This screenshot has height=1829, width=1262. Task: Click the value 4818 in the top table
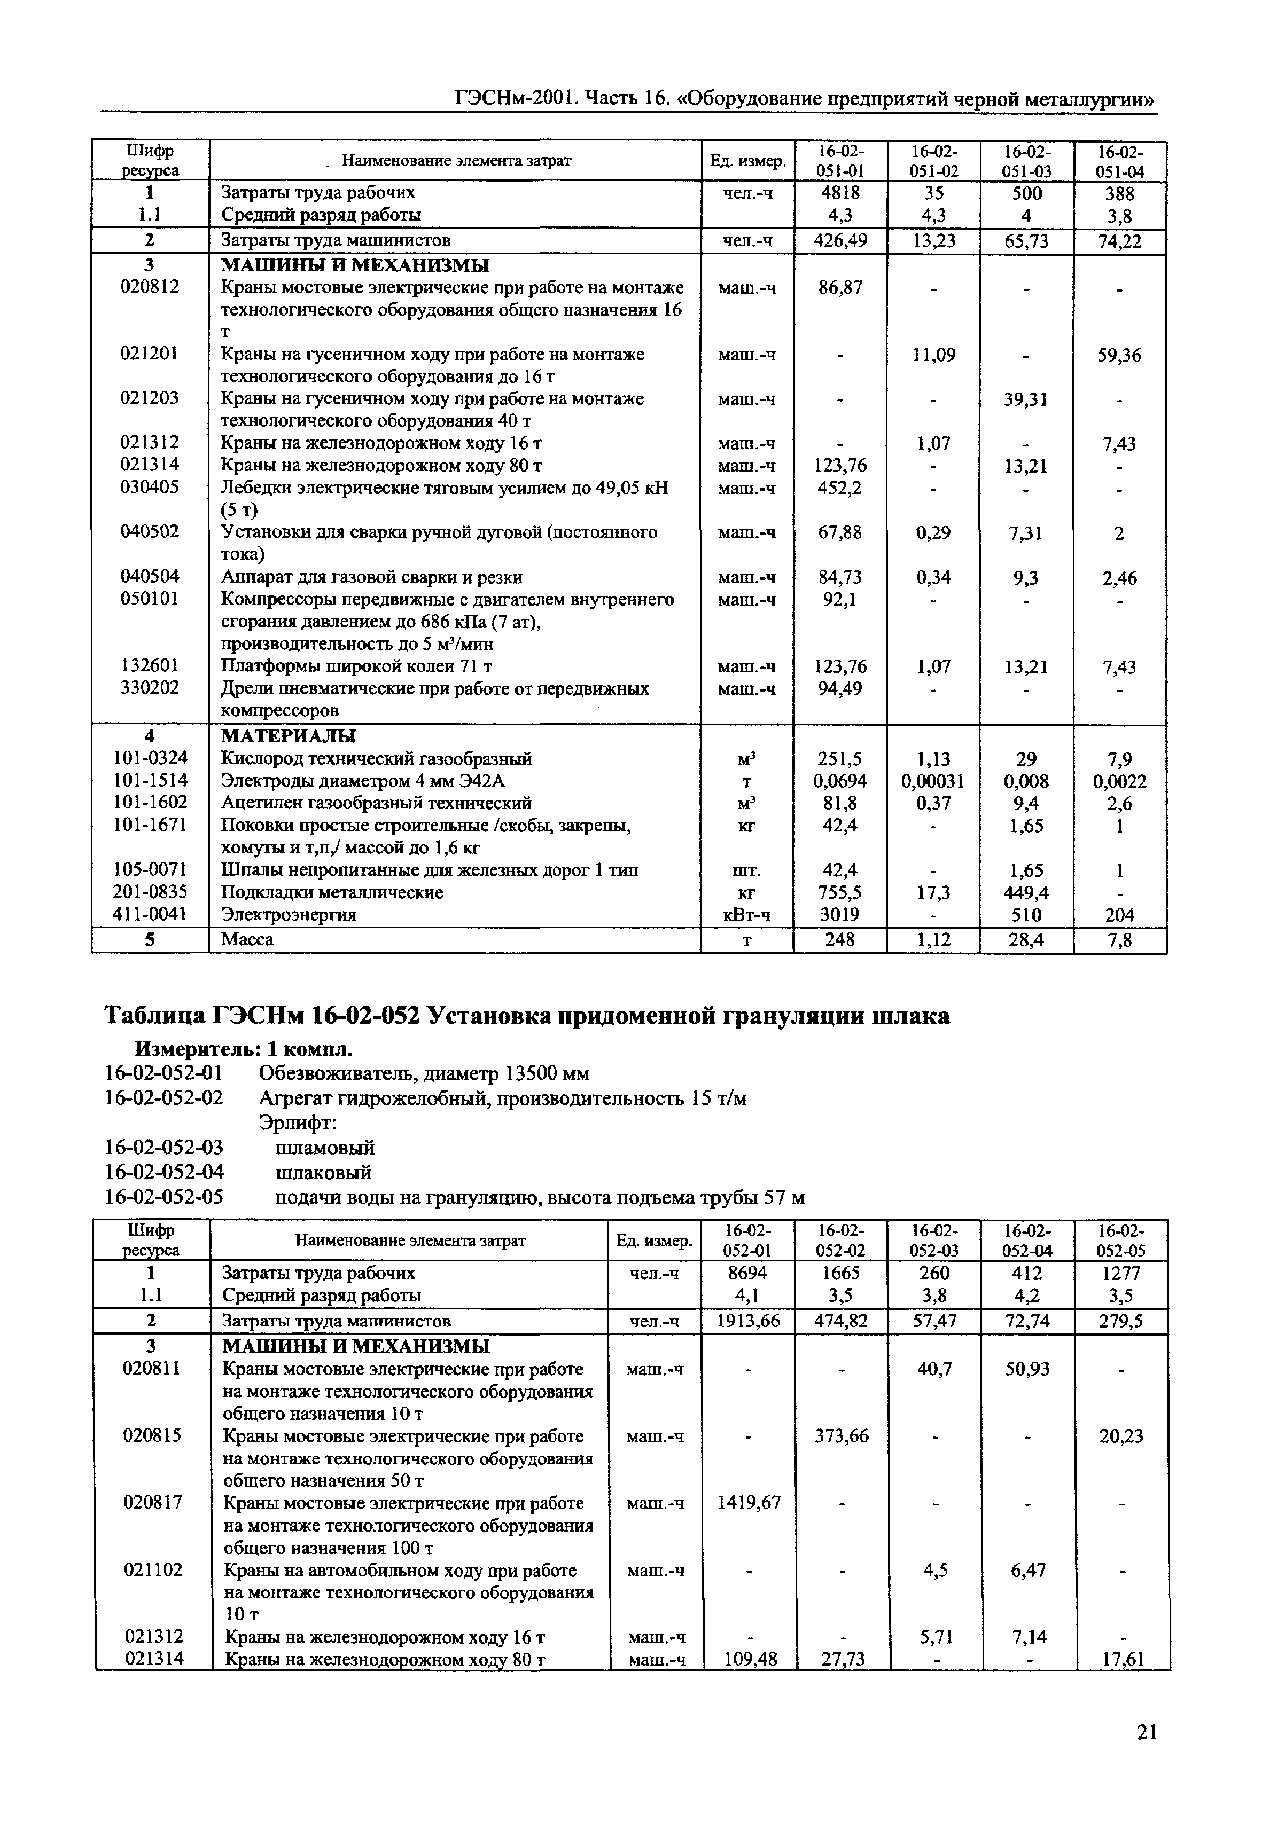click(840, 193)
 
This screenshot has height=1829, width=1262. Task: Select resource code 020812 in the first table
click(150, 286)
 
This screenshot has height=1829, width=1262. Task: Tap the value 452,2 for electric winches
click(840, 488)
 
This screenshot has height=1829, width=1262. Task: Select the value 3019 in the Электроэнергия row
click(840, 914)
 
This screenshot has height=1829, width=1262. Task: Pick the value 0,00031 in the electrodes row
click(932, 781)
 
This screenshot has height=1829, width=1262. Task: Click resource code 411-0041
click(150, 914)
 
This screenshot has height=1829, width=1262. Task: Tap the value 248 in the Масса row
click(840, 939)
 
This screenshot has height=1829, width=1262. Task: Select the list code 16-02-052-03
click(163, 1147)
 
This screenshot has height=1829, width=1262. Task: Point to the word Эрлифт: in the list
click(297, 1122)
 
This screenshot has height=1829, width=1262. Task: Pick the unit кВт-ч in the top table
click(746, 914)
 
